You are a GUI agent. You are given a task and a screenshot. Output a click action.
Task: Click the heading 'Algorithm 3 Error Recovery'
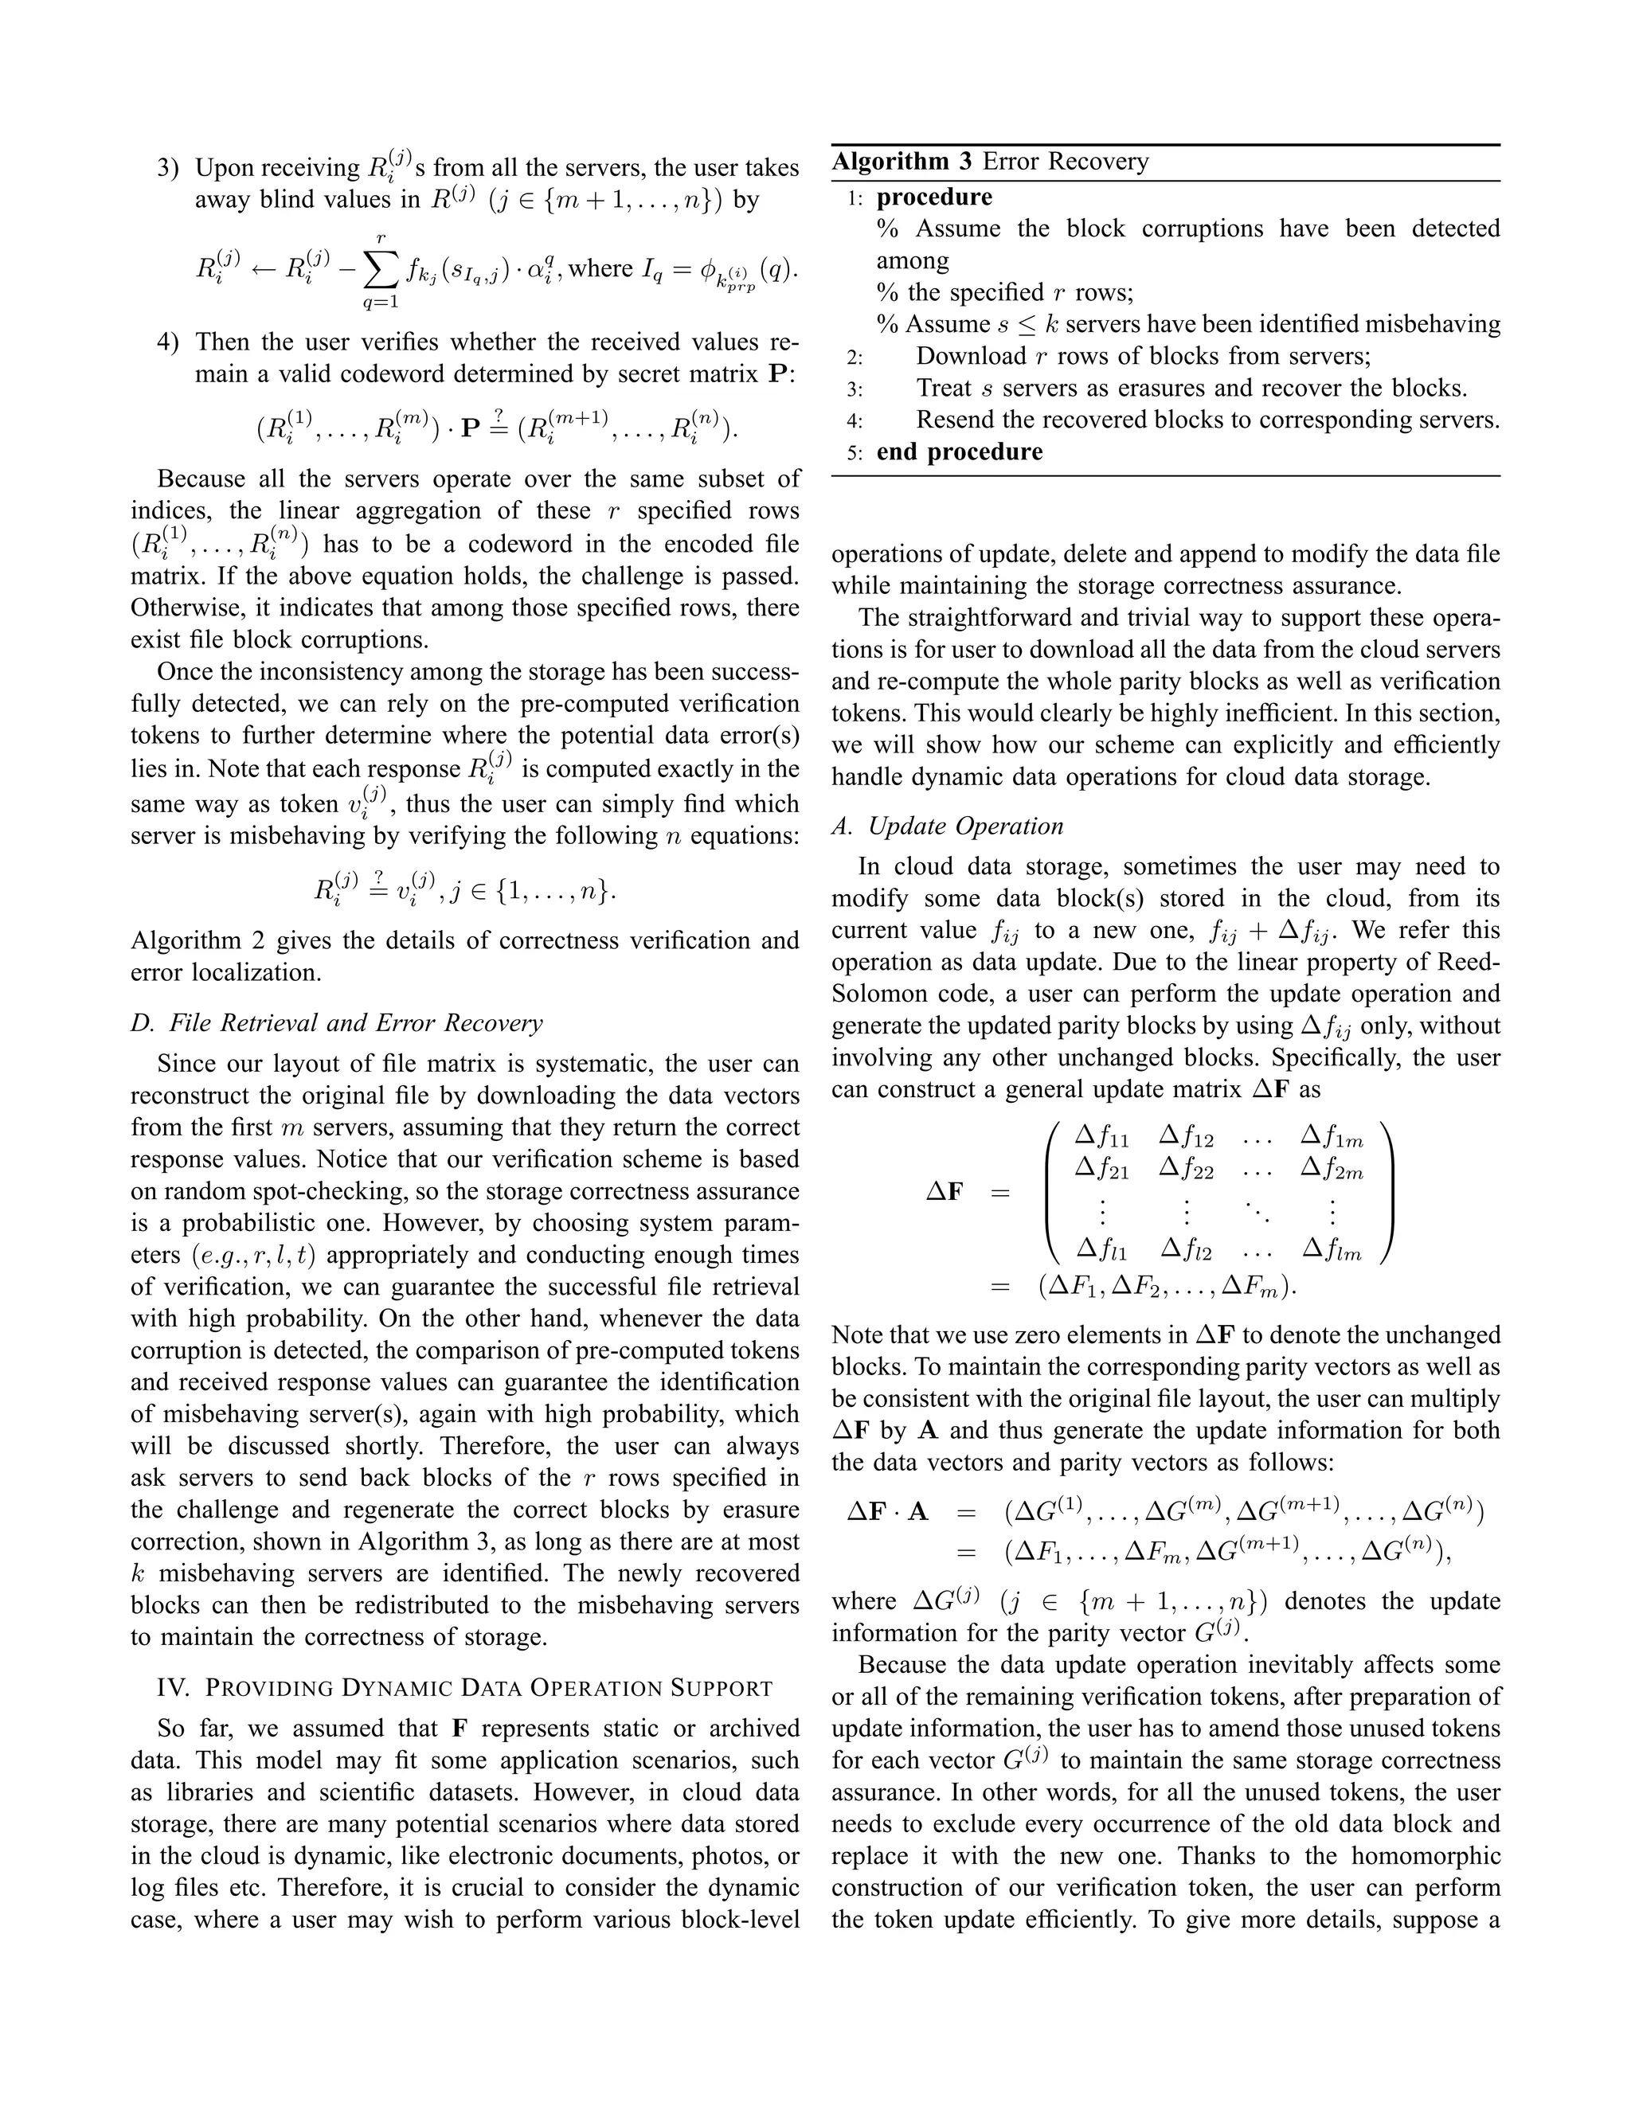coord(991,162)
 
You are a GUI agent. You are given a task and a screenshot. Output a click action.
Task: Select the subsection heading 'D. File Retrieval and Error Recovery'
coord(336,1022)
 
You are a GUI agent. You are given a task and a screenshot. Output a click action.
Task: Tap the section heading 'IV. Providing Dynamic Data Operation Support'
coord(463,1688)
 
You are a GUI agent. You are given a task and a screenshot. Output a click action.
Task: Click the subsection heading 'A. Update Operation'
coord(947,826)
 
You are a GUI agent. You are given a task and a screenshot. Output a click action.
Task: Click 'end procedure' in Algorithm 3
coord(960,452)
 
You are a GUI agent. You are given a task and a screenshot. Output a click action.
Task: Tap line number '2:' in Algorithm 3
coord(855,358)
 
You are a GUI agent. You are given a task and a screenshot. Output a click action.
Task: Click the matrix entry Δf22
coord(1186,1170)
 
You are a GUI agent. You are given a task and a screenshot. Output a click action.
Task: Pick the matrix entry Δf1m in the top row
coord(1332,1137)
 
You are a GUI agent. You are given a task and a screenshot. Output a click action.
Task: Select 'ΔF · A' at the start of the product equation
coord(887,1511)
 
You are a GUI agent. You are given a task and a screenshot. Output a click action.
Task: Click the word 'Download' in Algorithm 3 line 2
coord(970,357)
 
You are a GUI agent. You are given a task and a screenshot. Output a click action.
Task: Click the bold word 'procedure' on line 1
coord(933,197)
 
